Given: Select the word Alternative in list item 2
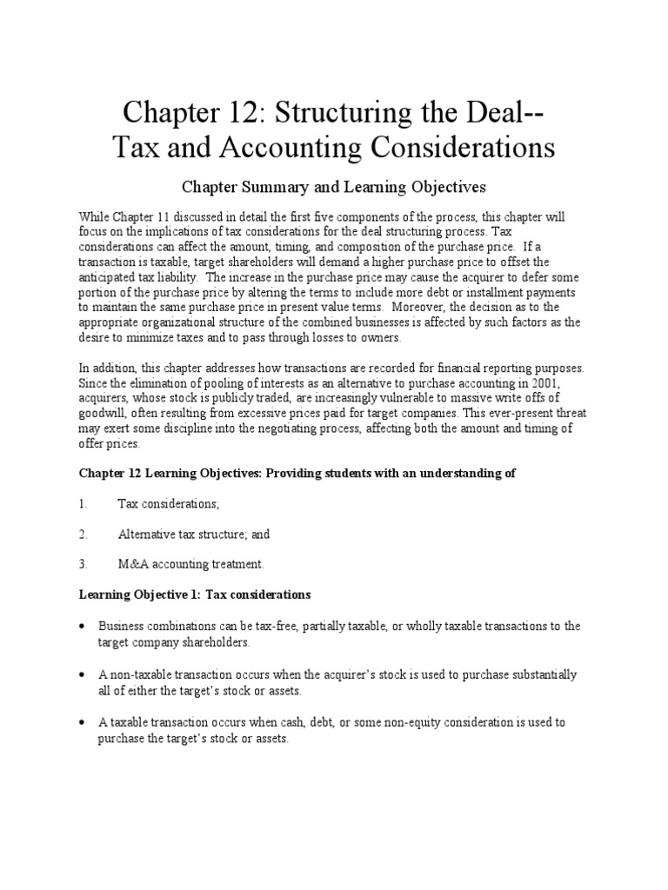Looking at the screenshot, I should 148,534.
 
